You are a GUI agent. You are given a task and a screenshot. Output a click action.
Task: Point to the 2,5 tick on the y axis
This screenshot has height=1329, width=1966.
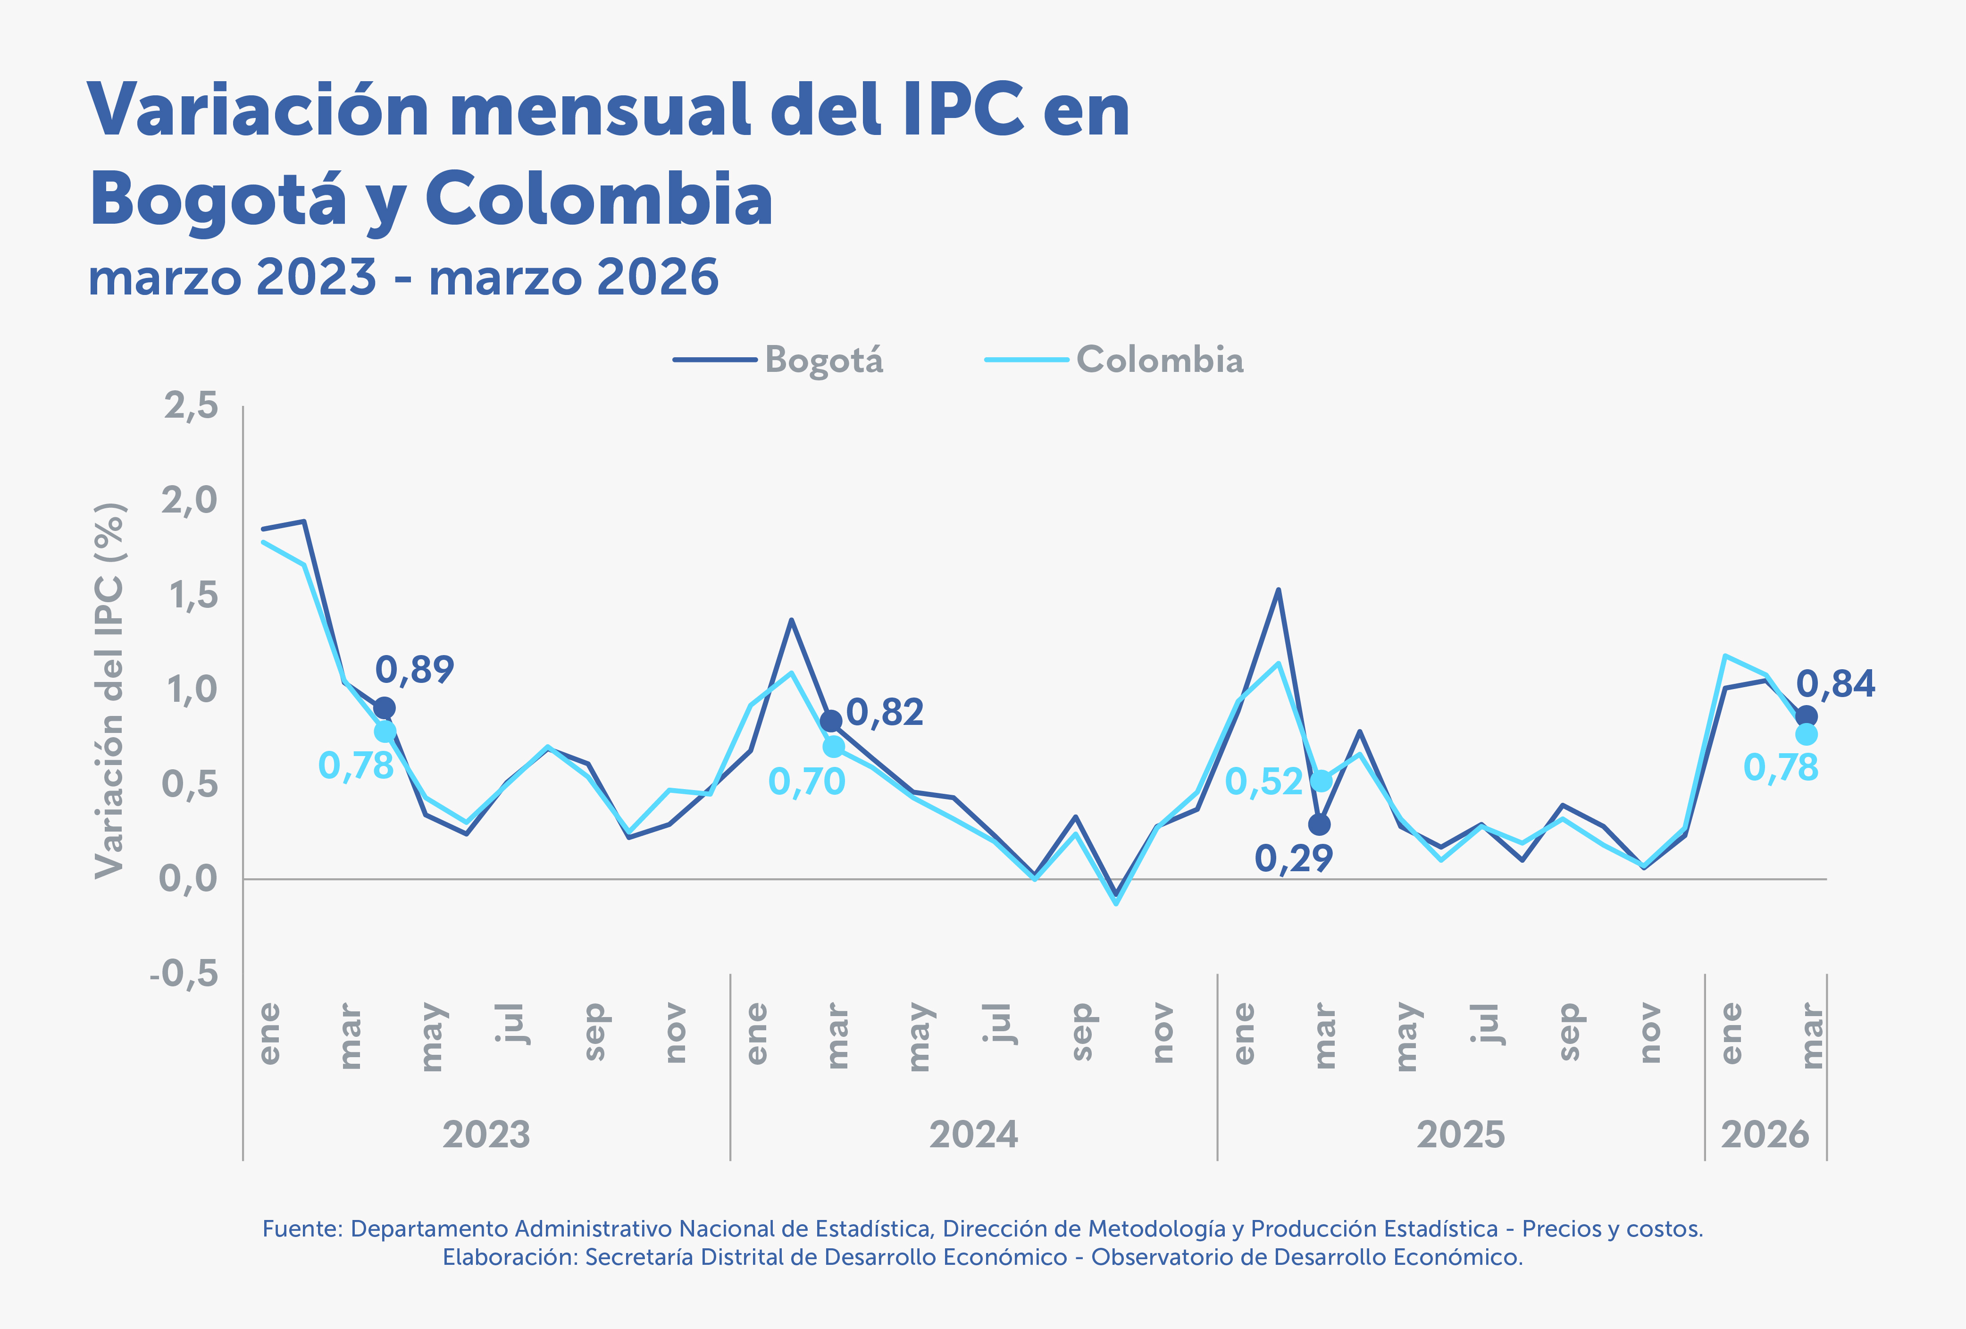pyautogui.click(x=191, y=406)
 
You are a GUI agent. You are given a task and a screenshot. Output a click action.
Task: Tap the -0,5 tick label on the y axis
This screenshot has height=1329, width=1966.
pyautogui.click(x=184, y=974)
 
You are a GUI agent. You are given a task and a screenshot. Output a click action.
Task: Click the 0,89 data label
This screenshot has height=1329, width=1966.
pyautogui.click(x=415, y=669)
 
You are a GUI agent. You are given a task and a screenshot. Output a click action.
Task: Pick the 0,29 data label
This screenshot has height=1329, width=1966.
pyautogui.click(x=1294, y=858)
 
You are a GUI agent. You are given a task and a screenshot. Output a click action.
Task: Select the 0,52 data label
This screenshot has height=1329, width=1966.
pyautogui.click(x=1264, y=782)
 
